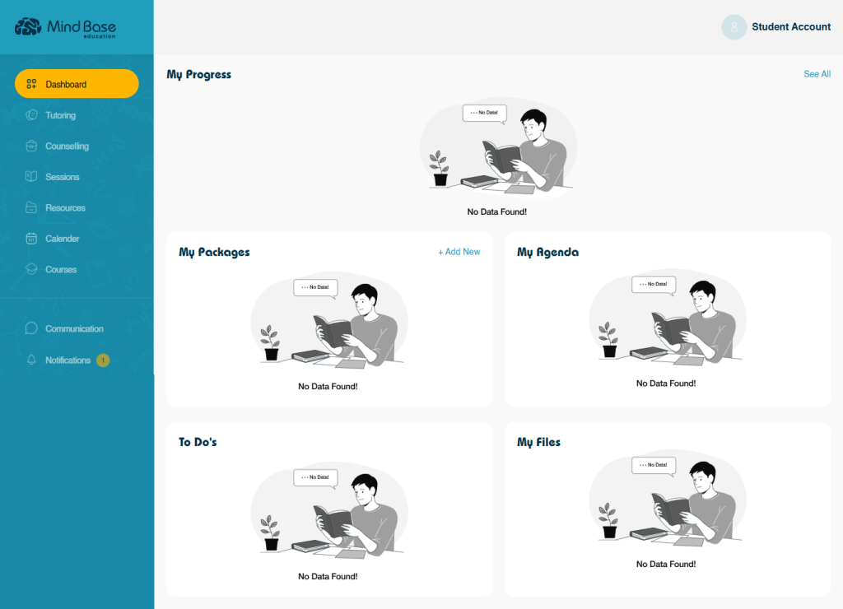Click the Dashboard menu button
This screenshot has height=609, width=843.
77,84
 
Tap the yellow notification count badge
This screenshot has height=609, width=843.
103,360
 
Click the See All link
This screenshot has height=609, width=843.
817,74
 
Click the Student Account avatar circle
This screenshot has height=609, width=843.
734,27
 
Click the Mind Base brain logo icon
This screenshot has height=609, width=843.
28,26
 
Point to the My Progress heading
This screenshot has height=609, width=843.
199,75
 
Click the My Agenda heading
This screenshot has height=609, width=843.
547,252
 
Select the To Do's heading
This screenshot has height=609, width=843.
198,442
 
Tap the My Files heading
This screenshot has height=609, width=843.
538,442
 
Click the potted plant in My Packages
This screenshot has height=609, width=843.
270,343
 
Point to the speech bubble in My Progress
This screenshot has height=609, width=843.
485,114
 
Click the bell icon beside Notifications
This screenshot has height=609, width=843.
32,360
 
